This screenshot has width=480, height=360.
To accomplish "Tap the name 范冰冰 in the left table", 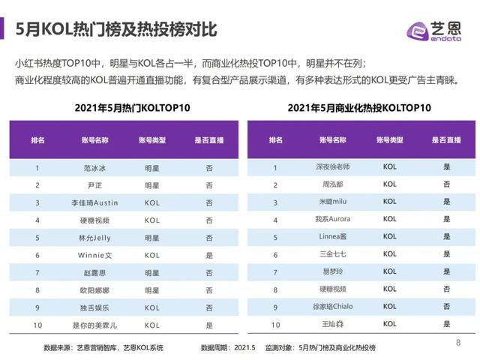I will pyautogui.click(x=94, y=168).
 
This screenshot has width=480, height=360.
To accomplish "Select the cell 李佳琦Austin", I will pyautogui.click(x=94, y=203).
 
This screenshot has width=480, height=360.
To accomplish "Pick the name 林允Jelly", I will pyautogui.click(x=94, y=238).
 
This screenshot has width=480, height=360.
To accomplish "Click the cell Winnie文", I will pyautogui.click(x=94, y=256).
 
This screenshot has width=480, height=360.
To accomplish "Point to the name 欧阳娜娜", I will pyautogui.click(x=94, y=290).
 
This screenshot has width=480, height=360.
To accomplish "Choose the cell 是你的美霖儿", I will pyautogui.click(x=94, y=325).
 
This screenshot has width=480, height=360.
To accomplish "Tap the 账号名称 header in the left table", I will pyautogui.click(x=94, y=140).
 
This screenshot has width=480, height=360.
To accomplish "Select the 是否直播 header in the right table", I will pyautogui.click(x=446, y=140).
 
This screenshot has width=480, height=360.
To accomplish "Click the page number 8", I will pyautogui.click(x=458, y=343).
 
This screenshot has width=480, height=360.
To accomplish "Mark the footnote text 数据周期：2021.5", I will pyautogui.click(x=228, y=348).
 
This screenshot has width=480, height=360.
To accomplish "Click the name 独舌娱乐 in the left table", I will pyautogui.click(x=94, y=307).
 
